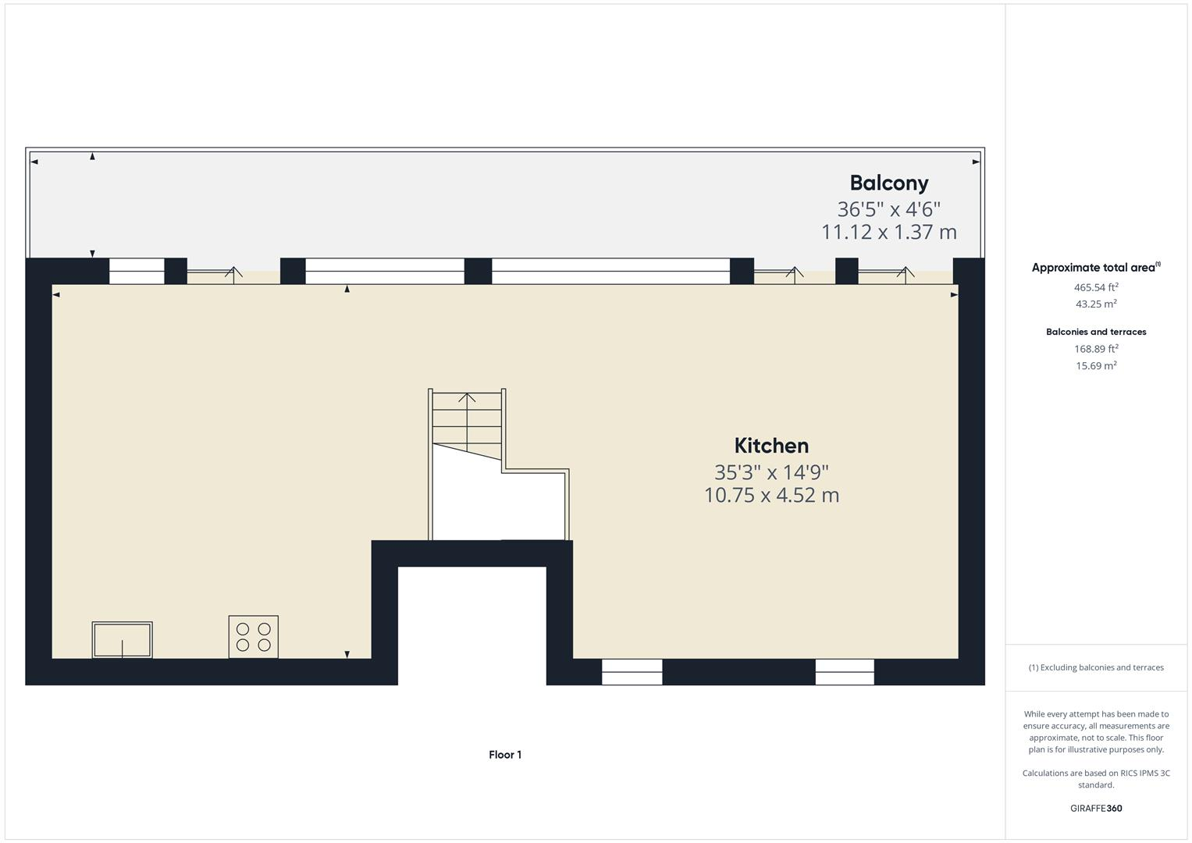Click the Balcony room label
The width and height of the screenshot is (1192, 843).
pyautogui.click(x=888, y=183)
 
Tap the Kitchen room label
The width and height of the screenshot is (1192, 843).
pyautogui.click(x=771, y=446)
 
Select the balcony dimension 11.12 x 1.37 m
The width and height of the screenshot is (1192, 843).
pyautogui.click(x=888, y=232)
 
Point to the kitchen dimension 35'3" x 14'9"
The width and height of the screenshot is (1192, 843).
pyautogui.click(x=771, y=472)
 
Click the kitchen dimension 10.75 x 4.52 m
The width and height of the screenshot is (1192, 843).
pyautogui.click(x=771, y=495)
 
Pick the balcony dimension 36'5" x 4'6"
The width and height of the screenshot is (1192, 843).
pyautogui.click(x=888, y=209)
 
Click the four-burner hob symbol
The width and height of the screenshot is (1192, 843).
pyautogui.click(x=254, y=636)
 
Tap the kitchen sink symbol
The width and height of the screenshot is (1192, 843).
pyautogui.click(x=123, y=640)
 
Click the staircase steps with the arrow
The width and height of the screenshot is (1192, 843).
pyautogui.click(x=467, y=418)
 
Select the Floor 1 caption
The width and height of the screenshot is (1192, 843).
pyautogui.click(x=505, y=755)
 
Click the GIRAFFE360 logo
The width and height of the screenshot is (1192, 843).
pyautogui.click(x=1096, y=808)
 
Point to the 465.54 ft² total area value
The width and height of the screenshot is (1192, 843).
pyautogui.click(x=1096, y=287)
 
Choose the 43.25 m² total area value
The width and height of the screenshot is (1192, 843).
pyautogui.click(x=1096, y=304)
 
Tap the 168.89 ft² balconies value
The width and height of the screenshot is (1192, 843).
pyautogui.click(x=1096, y=349)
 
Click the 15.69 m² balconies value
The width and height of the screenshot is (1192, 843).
pyautogui.click(x=1096, y=365)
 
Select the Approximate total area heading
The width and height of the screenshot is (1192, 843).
pyautogui.click(x=1095, y=267)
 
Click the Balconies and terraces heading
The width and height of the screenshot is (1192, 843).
pyautogui.click(x=1096, y=332)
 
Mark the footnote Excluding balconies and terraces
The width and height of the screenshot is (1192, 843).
pyautogui.click(x=1096, y=667)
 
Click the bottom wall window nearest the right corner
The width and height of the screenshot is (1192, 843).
pyautogui.click(x=845, y=672)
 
